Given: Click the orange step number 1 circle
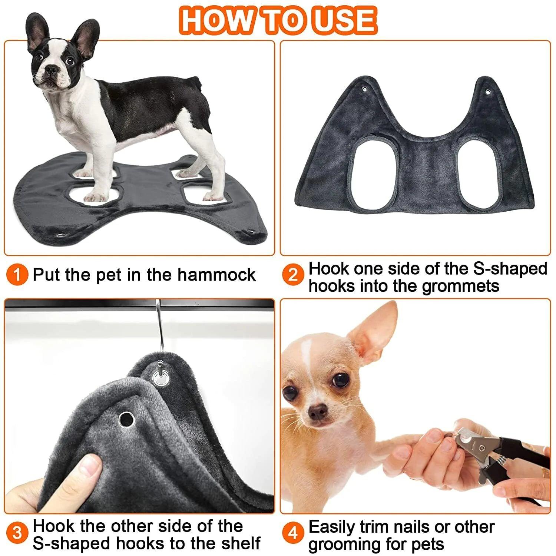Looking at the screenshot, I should pyautogui.click(x=17, y=275).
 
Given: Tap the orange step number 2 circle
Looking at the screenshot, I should pyautogui.click(x=293, y=275).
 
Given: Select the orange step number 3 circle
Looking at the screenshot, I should pyautogui.click(x=17, y=533).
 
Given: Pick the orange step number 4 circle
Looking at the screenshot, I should pyautogui.click(x=293, y=533).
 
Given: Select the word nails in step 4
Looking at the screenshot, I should pyautogui.click(x=431, y=527).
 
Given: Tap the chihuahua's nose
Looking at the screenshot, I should pyautogui.click(x=317, y=410).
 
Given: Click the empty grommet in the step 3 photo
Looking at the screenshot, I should pyautogui.click(x=126, y=419).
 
